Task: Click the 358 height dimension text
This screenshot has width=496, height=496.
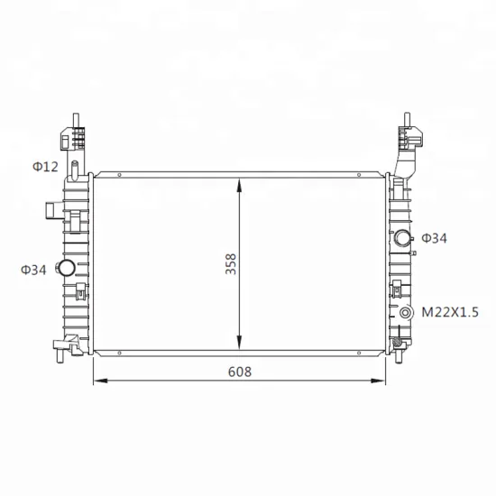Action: tap(231, 264)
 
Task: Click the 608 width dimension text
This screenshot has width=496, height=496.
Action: tap(240, 372)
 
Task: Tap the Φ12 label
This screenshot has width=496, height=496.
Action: tap(46, 167)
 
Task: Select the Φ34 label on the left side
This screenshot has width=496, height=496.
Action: tap(33, 270)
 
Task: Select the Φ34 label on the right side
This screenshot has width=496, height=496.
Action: tap(435, 238)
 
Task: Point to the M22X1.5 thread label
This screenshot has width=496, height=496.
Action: tap(450, 312)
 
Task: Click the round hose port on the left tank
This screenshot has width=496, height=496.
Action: tap(66, 268)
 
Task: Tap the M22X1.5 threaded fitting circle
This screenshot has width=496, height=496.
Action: tap(405, 313)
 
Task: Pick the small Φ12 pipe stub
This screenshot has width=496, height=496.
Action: tap(75, 170)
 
